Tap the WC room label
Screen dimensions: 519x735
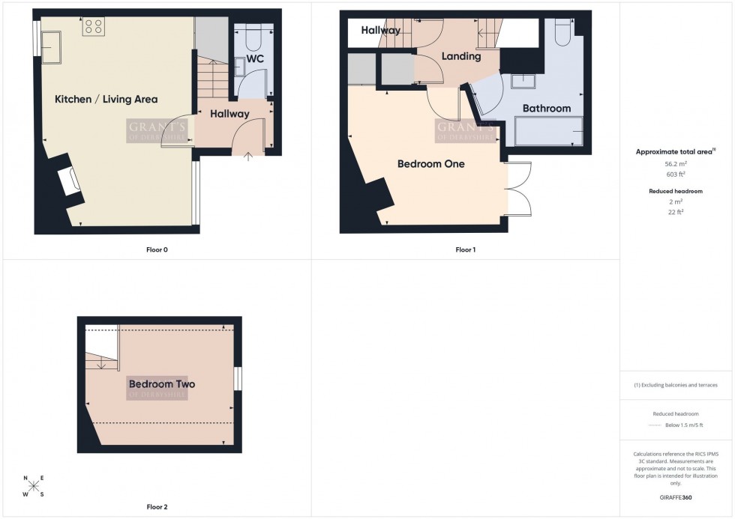coord(253,58)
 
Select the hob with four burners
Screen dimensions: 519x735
coord(94,26)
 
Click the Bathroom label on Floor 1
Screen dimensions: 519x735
coord(546,109)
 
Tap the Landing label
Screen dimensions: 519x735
coord(460,56)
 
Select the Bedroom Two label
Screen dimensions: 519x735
coord(161,384)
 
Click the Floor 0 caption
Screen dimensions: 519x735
coord(155,249)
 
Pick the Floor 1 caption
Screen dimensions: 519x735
coord(465,249)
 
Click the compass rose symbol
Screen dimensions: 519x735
coord(33,486)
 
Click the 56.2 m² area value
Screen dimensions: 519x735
coord(676,163)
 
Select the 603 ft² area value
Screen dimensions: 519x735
coord(676,173)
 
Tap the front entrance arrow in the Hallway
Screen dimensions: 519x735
coord(250,155)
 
